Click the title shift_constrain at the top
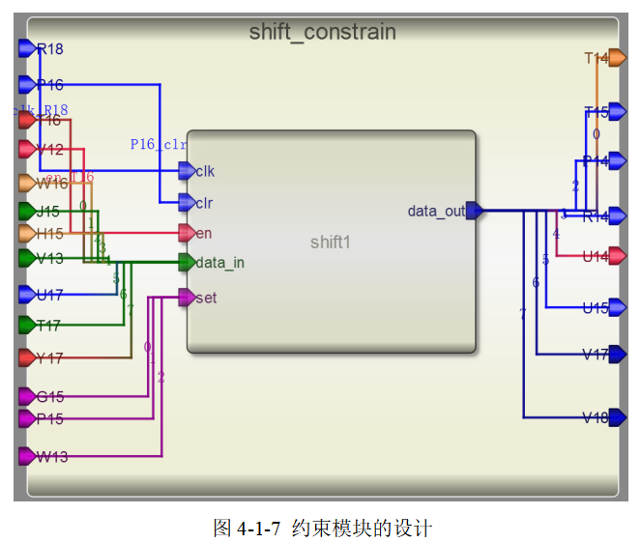pos(322,32)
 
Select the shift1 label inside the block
pos(330,242)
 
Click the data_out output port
pos(474,211)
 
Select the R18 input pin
pos(27,48)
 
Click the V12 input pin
pos(27,150)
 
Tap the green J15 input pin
pos(27,211)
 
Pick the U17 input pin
pos(27,294)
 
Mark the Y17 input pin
pos(27,357)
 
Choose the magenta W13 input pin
pos(27,456)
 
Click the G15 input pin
pos(27,396)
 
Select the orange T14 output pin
pos(617,58)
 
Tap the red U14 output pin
pos(617,257)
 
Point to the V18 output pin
pos(617,417)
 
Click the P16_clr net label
pos(158,144)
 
